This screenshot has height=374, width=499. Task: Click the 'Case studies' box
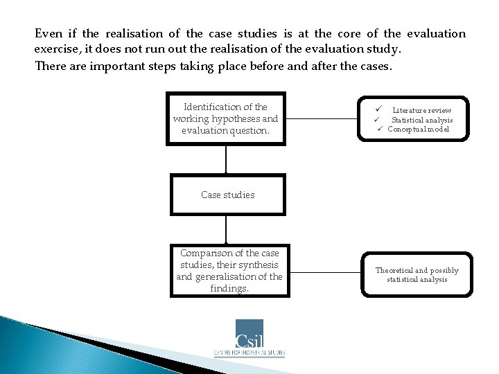coord(227,195)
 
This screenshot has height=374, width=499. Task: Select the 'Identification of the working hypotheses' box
coord(225,118)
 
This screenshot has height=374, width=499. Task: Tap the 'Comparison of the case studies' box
coord(229,270)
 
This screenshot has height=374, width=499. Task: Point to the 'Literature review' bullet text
coord(421,110)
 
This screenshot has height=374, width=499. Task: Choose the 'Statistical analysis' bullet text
coord(422,120)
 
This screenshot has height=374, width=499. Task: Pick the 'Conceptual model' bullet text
coord(418,129)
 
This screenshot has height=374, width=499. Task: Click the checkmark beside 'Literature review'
coord(379,109)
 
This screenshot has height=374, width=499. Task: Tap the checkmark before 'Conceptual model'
coord(380,129)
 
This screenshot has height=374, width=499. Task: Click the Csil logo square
coord(249,334)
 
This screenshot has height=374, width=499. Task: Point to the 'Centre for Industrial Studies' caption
coord(249,353)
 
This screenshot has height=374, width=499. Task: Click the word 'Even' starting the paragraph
coord(49,33)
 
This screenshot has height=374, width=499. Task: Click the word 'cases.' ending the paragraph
coord(376,66)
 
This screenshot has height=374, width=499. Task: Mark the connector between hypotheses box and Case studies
coord(226,160)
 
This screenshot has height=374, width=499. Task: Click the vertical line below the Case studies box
coord(226,229)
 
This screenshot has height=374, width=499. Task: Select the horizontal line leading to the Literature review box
coord(324,118)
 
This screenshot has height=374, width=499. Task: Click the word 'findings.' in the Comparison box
coord(229,288)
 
